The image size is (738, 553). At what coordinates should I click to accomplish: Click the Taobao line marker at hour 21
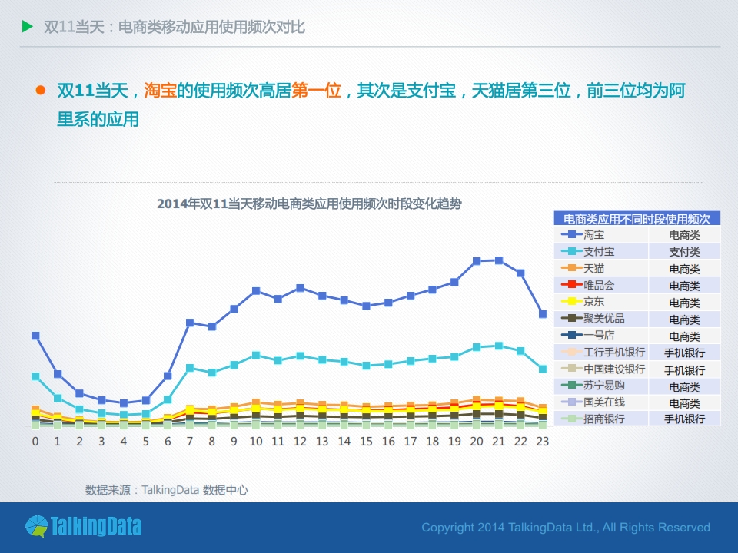coord(499,260)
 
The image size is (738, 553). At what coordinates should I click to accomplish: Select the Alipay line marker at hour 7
coord(190,368)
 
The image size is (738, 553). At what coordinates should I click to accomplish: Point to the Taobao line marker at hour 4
coord(124,402)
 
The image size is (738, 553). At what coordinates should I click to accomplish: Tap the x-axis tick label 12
coord(300,442)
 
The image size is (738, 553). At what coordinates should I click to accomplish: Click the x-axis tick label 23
coord(543,442)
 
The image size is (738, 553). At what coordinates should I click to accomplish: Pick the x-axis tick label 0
coord(35,442)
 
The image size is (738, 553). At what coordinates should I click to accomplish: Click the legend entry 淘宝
coord(593,235)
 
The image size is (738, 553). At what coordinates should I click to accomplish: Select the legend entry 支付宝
coord(599,252)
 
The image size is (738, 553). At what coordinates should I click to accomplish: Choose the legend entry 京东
coord(593,302)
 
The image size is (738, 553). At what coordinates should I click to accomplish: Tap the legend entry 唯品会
coord(599,285)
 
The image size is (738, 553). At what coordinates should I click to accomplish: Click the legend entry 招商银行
coord(603,419)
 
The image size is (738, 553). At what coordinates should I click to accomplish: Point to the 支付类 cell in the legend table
coord(684,252)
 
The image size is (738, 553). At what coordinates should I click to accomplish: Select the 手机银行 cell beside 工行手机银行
coord(684,353)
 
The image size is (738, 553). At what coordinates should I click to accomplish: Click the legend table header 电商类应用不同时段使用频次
coord(637,219)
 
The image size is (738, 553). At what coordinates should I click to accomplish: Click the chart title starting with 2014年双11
coord(309,204)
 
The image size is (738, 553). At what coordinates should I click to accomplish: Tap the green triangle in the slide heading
coord(28,27)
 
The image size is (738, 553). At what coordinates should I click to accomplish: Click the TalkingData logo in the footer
coord(83,526)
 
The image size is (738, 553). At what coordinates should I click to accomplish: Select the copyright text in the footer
coord(566,528)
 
